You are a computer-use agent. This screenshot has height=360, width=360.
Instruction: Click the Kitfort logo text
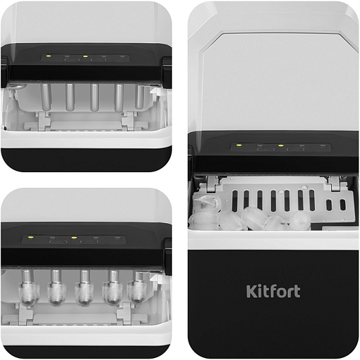[273, 291]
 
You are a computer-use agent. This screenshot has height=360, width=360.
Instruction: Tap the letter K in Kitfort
[251, 291]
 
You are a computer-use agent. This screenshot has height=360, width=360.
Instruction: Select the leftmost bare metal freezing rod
[45, 97]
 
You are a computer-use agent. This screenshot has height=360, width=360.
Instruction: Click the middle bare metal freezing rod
[94, 98]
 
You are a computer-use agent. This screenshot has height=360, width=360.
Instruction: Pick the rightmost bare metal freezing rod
[139, 97]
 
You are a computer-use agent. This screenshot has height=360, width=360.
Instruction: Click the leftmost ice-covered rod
[27, 287]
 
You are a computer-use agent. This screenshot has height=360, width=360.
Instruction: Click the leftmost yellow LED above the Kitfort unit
[239, 145]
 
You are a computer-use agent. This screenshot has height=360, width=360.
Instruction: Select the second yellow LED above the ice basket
[280, 145]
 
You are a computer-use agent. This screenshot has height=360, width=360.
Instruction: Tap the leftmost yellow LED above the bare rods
[48, 56]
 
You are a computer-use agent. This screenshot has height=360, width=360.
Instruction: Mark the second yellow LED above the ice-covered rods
[73, 238]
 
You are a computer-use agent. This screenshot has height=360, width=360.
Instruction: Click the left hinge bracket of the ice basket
[212, 184]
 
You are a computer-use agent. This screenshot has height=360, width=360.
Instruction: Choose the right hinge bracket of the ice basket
[333, 183]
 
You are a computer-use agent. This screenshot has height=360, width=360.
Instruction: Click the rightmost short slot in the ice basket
[342, 205]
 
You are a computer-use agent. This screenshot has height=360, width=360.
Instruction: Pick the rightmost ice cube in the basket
[300, 221]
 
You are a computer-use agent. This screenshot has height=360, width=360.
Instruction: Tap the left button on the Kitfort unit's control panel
[266, 150]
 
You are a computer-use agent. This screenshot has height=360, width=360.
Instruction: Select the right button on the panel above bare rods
[98, 60]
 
